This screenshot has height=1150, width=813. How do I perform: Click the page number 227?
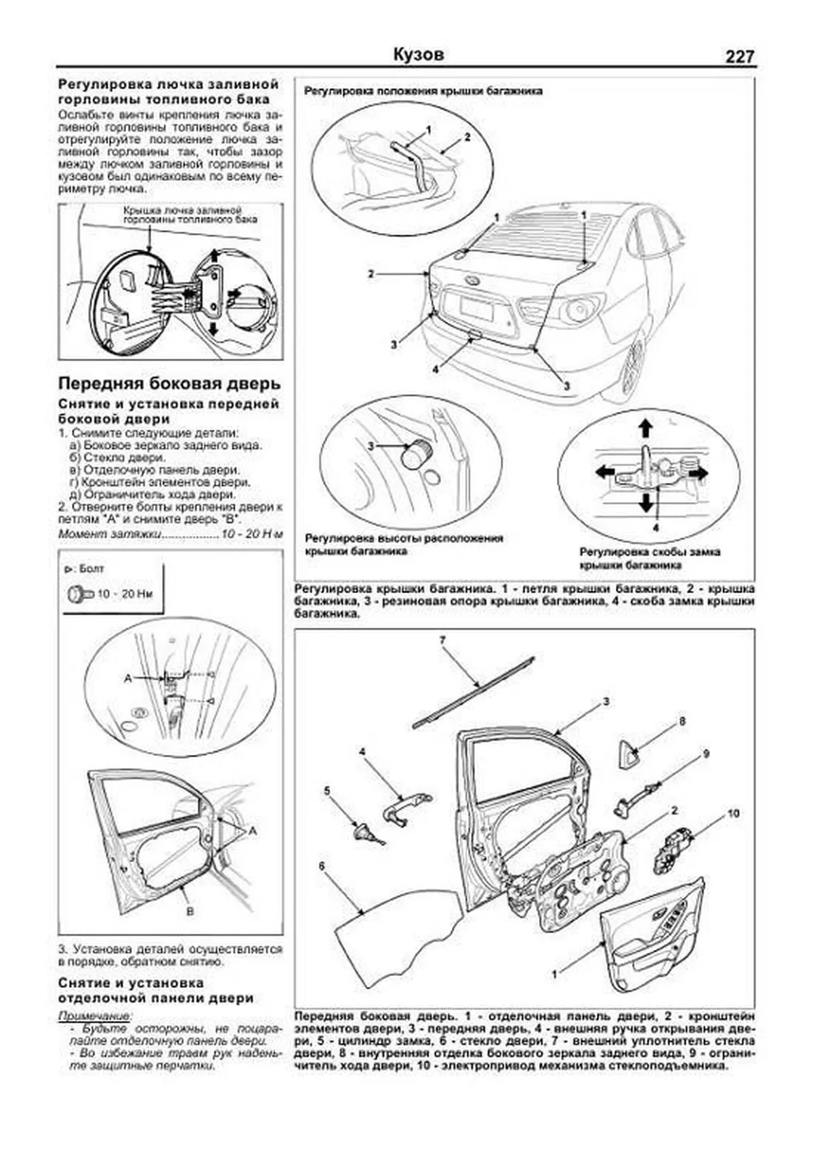point(739,57)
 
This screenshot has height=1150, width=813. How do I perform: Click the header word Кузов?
point(418,54)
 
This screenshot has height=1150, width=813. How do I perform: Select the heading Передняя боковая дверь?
point(169,384)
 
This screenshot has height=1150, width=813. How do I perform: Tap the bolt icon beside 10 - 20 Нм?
point(79,594)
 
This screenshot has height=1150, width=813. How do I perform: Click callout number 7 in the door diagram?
point(442,640)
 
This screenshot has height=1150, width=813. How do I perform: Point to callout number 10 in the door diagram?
point(733,814)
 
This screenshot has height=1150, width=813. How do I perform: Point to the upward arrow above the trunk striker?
point(646,428)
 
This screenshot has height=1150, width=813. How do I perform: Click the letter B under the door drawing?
point(190,911)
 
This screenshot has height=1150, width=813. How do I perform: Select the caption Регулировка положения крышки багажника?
point(423,91)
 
